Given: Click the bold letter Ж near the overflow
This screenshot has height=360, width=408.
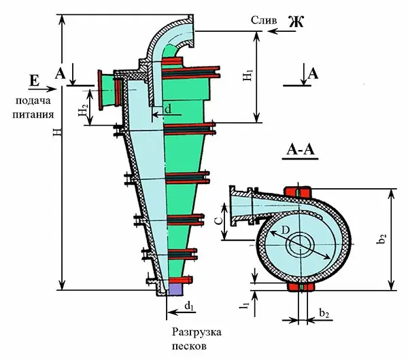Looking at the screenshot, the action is tap(296, 22).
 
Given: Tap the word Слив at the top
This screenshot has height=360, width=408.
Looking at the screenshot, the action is tap(264, 20).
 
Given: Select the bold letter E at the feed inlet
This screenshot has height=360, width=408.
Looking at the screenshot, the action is tap(35, 80).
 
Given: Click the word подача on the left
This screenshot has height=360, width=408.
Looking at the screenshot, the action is tap(33, 101).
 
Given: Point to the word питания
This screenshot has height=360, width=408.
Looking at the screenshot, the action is tap(33, 114).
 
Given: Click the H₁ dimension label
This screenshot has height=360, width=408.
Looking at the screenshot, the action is tap(248, 75).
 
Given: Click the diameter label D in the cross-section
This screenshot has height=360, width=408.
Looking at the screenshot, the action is tap(286, 230).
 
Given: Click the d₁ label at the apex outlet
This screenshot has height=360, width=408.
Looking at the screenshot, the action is tap(189, 306).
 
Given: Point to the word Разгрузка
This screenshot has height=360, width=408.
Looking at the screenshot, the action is tap(197, 332).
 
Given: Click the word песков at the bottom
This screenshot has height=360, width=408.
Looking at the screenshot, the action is tap(189, 346).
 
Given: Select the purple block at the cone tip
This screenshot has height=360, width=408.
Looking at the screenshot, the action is tap(175, 289).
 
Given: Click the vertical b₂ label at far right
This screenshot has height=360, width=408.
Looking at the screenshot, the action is tap(381, 238).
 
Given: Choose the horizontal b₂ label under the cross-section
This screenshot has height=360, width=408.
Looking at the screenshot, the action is tap(324, 314).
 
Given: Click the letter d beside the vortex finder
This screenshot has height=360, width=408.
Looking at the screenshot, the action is tap(169, 109).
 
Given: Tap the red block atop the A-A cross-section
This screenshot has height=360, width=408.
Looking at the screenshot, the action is tap(298, 192).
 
